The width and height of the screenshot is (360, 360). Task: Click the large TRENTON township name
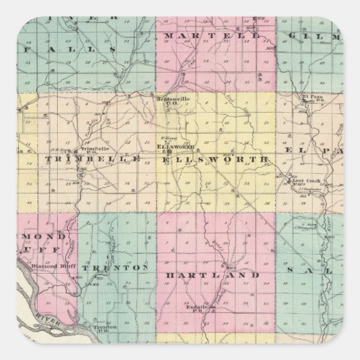pos(114,268)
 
